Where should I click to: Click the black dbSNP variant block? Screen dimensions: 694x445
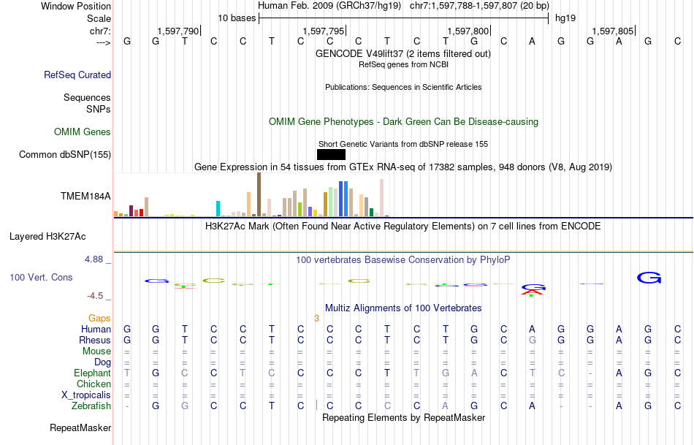[x=331, y=154]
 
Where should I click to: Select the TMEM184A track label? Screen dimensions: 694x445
[x=85, y=196]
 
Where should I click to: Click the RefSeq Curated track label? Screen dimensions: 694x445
[x=77, y=75]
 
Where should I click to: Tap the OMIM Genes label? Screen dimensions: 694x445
[x=83, y=132]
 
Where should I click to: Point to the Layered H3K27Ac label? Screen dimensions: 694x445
[x=47, y=237]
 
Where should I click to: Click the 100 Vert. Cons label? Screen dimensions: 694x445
[x=41, y=278]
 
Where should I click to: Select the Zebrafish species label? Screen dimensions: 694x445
[x=91, y=406]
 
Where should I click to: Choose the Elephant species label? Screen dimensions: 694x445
[x=92, y=373]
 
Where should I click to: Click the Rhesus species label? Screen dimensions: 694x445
[x=95, y=340]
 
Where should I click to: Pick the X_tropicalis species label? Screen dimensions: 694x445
[x=86, y=395]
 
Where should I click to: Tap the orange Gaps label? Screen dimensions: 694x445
[x=99, y=319]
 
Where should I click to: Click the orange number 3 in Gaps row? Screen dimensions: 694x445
[x=316, y=319]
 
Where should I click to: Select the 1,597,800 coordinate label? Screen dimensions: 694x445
[x=468, y=31]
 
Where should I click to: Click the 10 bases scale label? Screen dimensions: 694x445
[x=237, y=18]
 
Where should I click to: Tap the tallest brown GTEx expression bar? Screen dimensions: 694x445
[x=259, y=194]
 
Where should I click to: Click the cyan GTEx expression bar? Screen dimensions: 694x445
[x=218, y=208]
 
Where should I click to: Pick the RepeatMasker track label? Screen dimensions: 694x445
[x=80, y=427]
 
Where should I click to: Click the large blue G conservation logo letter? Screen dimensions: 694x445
[x=649, y=278]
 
